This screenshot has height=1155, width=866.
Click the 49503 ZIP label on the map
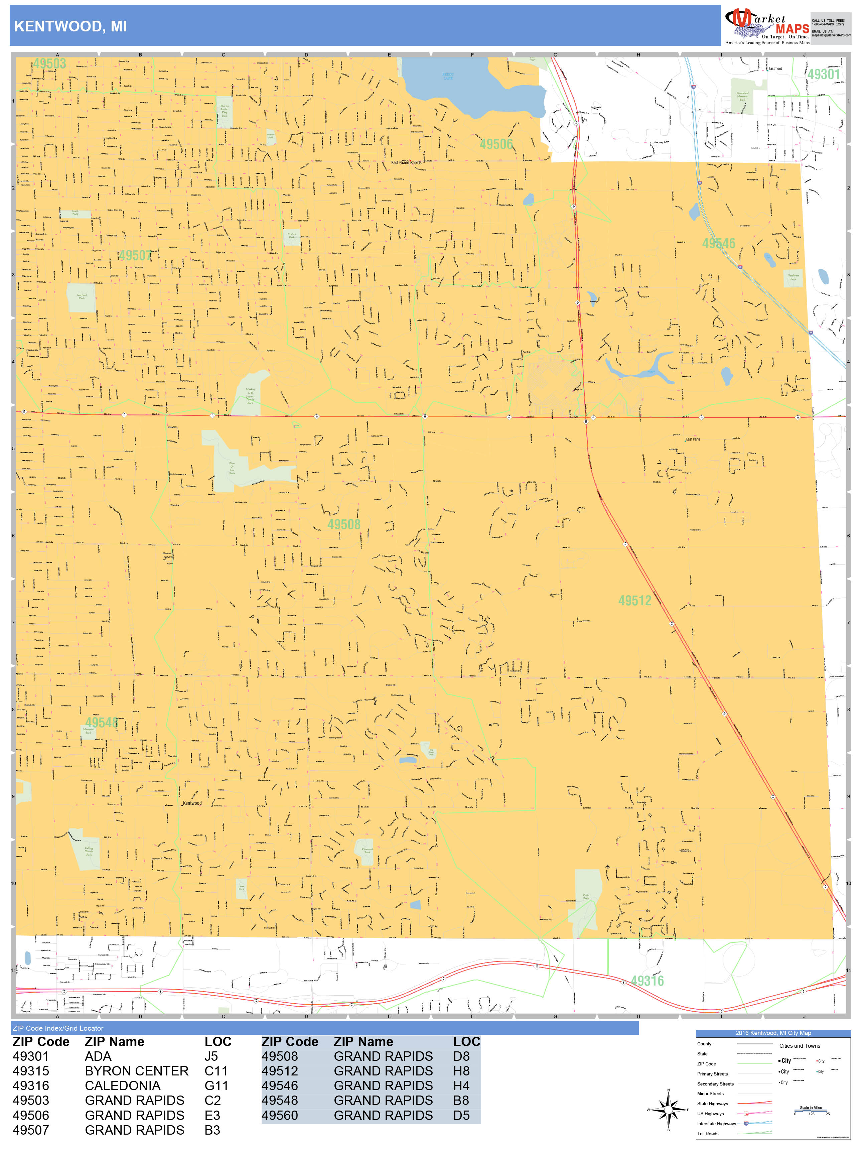[x=49, y=64]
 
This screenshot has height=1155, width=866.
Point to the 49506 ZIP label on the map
[x=496, y=144]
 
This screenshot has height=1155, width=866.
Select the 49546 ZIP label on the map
[x=718, y=243]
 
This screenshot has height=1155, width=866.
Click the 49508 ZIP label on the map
[x=343, y=524]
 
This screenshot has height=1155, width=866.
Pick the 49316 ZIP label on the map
[x=647, y=981]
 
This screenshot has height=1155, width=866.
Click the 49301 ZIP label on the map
[x=823, y=74]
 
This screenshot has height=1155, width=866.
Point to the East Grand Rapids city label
[x=406, y=162]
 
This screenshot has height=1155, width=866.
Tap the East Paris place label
[x=693, y=439]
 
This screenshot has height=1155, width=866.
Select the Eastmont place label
[x=775, y=69]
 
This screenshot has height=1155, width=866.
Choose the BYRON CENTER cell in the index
[x=136, y=1071]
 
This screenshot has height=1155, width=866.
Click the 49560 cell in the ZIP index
[x=279, y=1115]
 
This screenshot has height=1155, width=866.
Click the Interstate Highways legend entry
[x=716, y=1124]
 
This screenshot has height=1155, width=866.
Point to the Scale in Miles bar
[x=810, y=1111]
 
